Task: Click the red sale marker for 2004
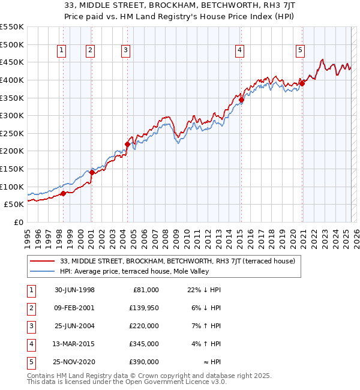pos(127,144)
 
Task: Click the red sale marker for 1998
pos(63,193)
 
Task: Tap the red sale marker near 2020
pos(302,83)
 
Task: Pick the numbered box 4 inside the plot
pos(239,51)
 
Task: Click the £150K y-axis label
pos(12,169)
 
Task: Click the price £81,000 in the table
pos(144,289)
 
